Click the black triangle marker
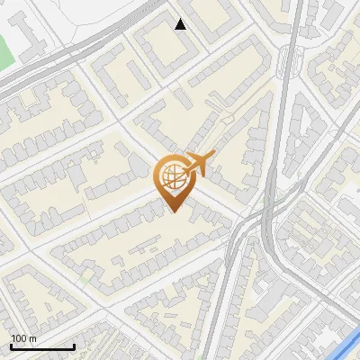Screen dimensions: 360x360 click(181, 23)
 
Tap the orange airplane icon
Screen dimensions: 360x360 click(199, 164)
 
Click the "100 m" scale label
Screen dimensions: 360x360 click(22, 338)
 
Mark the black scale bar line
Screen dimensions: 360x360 click(42, 346)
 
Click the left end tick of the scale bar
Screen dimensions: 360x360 click(11, 345)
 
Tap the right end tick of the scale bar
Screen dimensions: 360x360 click(74, 345)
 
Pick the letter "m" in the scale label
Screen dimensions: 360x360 click(32, 338)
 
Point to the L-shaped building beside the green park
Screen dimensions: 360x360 click(27, 36)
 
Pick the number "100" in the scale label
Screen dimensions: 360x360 click(18, 338)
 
